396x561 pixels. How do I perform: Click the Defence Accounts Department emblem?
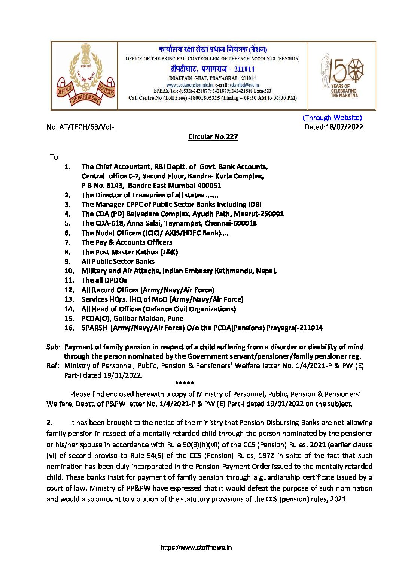click(x=85, y=76)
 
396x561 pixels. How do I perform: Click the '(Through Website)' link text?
click(x=332, y=118)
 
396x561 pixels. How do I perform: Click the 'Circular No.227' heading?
click(x=213, y=137)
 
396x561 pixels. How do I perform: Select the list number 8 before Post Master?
click(x=67, y=252)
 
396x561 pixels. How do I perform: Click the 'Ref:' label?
click(x=53, y=366)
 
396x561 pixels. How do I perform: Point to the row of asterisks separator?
click(x=185, y=384)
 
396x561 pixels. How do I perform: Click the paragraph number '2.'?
click(x=49, y=423)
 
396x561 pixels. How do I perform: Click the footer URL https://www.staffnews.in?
click(x=196, y=548)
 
